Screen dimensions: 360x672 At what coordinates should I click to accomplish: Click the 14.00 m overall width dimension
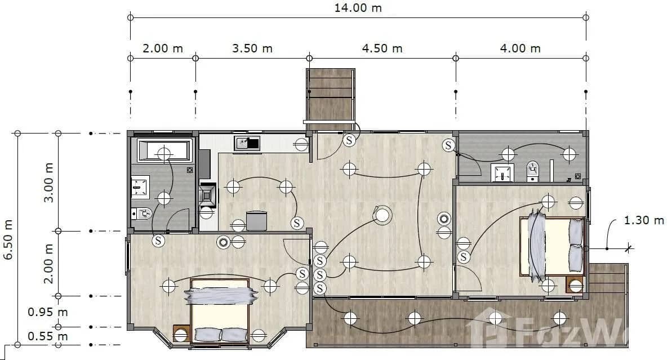tap(358, 8)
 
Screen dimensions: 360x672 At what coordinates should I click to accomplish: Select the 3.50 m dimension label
tap(252, 48)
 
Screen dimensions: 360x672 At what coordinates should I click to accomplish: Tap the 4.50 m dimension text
tap(382, 48)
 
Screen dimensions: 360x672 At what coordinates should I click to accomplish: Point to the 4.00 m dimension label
tap(520, 48)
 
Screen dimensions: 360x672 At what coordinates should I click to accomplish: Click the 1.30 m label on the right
tap(644, 220)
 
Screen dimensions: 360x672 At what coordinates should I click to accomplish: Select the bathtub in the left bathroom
tap(163, 150)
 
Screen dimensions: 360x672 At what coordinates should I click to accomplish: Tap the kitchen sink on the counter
tap(247, 143)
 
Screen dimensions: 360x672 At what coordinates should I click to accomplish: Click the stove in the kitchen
tap(207, 195)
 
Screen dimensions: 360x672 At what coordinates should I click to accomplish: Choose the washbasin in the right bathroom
tap(502, 172)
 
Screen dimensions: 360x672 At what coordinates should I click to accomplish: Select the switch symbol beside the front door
tap(349, 140)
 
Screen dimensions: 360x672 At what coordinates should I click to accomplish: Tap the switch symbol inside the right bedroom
tap(464, 257)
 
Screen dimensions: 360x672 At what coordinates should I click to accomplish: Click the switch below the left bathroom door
tap(159, 241)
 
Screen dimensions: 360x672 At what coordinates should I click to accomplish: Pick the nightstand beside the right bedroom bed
tap(575, 285)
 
